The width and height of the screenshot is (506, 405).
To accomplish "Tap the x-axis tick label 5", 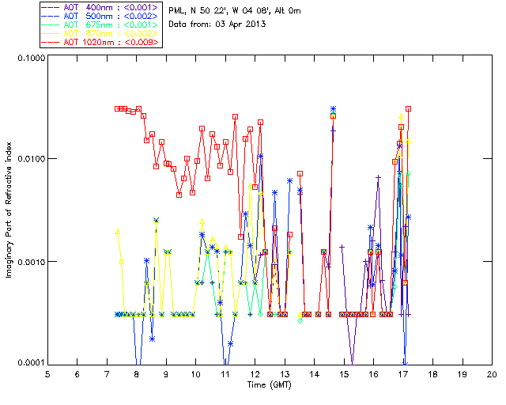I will pos(47,374).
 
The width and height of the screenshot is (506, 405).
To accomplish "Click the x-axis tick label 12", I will pos(255,374).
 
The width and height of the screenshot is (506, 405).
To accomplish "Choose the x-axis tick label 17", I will pos(403,374).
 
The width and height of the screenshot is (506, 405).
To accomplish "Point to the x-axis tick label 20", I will pos(492,374).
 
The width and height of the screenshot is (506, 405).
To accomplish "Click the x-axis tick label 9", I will pos(166,374).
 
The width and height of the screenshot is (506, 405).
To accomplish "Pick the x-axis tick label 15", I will pos(344,374).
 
